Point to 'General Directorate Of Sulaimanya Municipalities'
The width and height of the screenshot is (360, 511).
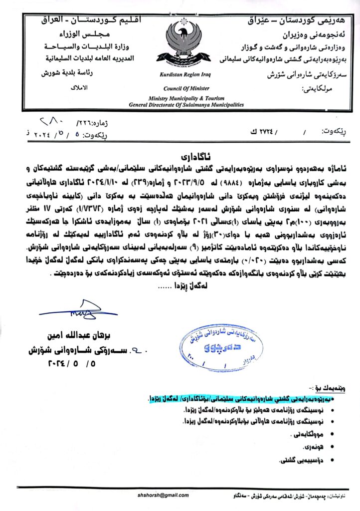click(186, 105)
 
